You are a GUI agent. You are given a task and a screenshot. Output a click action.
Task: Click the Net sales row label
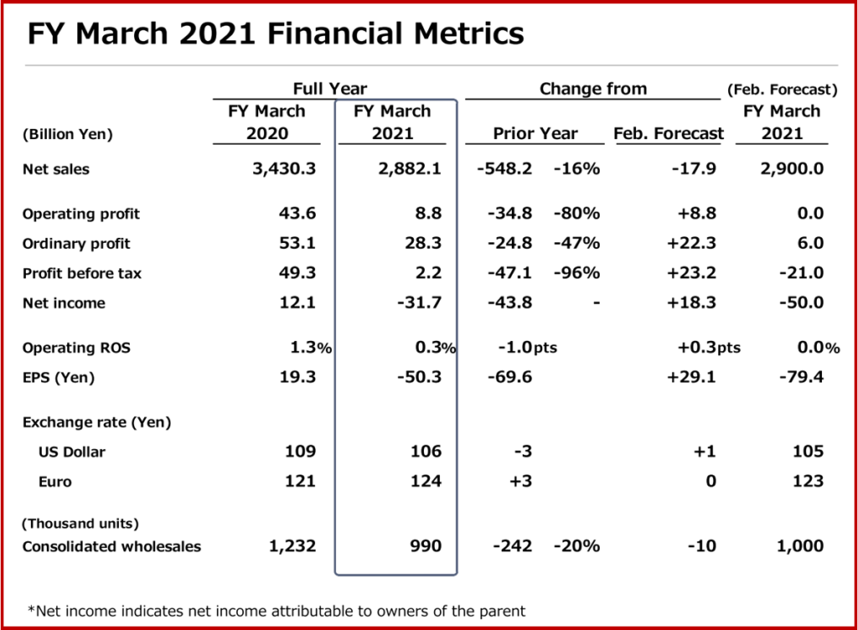pos(56,169)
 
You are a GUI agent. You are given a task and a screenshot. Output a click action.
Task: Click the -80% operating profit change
pos(576,214)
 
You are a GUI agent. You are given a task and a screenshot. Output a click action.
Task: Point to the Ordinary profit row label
pos(76,244)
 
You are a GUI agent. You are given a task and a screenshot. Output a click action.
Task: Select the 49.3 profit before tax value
pos(297,273)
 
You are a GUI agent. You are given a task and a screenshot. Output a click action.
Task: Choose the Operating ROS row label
pos(76,348)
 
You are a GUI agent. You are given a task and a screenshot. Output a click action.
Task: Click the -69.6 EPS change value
pos(509,377)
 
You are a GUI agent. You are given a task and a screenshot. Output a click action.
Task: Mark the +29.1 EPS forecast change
pos(691,377)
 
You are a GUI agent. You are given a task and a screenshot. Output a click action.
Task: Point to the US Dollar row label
pos(72,452)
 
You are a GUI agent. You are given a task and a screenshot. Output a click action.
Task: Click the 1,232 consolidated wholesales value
pos(292,546)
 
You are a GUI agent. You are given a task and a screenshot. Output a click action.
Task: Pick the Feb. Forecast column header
pos(669,133)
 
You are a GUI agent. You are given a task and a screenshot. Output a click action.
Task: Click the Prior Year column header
pos(535,133)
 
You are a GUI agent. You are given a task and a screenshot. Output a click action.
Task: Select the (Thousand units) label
pos(80,524)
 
